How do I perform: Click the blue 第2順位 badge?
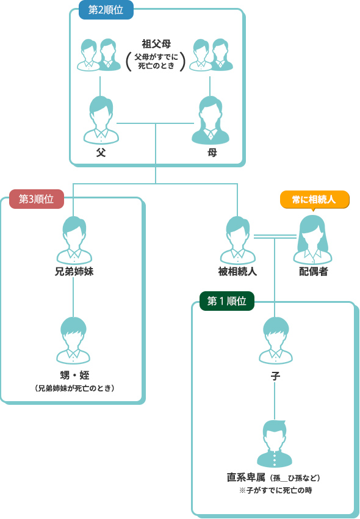(106, 10)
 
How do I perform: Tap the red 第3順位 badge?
(37, 199)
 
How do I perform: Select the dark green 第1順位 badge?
(226, 301)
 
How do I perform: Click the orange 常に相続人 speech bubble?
(315, 200)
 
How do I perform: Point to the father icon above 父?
(101, 120)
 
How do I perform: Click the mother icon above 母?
(211, 120)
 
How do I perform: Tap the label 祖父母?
(156, 44)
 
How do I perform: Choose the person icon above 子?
(275, 340)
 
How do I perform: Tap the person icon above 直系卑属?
(275, 443)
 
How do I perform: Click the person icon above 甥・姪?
(73, 340)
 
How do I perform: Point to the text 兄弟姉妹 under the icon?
(74, 272)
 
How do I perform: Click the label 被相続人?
(237, 272)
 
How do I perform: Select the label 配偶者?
(314, 272)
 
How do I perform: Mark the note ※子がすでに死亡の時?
(275, 490)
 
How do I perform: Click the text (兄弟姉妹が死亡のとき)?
(74, 388)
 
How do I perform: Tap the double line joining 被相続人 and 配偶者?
(275, 236)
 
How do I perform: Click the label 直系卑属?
(246, 477)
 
